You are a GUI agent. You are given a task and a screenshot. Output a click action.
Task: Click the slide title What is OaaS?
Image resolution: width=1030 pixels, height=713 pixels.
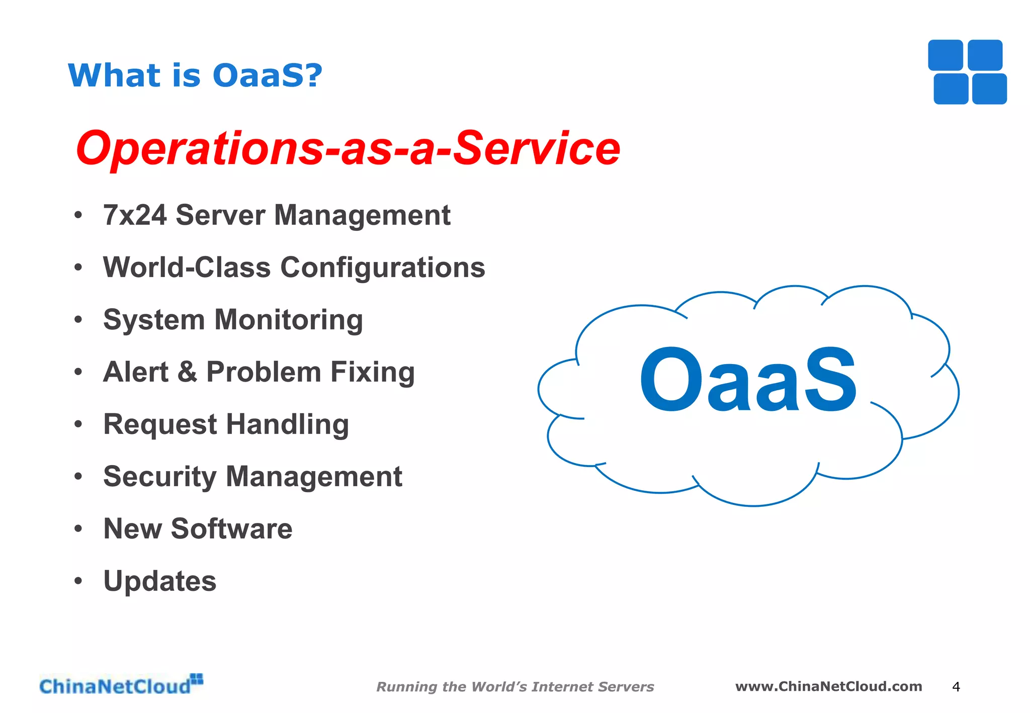tap(195, 75)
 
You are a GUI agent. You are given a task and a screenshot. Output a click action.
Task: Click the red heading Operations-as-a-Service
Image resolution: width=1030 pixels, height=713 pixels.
tap(348, 148)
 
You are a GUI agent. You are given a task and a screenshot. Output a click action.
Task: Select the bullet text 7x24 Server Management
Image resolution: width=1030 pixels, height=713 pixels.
tap(277, 215)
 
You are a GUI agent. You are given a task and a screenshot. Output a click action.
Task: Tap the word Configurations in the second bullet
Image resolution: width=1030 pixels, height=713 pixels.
tap(382, 268)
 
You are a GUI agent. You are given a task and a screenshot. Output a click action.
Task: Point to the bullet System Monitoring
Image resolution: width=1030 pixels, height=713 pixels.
tap(233, 320)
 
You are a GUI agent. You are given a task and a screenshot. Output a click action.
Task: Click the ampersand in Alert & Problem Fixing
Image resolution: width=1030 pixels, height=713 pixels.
tap(187, 372)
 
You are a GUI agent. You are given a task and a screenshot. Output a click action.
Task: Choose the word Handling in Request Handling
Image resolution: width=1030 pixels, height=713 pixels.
tap(287, 424)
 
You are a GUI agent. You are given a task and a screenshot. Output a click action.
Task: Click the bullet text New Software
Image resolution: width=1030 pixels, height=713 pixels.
tap(198, 529)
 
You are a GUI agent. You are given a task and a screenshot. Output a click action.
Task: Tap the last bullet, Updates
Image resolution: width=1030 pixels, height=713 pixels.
tap(159, 581)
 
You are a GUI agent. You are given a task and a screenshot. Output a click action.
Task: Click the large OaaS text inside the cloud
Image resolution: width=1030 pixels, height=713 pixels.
tap(748, 380)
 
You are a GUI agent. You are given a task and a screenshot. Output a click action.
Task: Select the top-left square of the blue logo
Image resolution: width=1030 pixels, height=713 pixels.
tap(945, 55)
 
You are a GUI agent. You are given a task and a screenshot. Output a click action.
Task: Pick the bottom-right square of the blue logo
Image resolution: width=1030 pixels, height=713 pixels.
tap(989, 89)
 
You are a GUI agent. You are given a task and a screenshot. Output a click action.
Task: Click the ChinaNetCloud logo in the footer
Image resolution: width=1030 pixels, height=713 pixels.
tap(121, 685)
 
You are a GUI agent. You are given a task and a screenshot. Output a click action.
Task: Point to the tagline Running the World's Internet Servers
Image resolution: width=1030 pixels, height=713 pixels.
tap(515, 687)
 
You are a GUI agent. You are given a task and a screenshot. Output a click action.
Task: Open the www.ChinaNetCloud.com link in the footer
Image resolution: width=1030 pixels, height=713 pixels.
tap(828, 686)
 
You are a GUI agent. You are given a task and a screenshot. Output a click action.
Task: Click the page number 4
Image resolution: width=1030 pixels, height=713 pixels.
tap(956, 687)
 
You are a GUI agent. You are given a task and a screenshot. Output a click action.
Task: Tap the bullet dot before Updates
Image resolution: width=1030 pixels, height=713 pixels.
tap(78, 581)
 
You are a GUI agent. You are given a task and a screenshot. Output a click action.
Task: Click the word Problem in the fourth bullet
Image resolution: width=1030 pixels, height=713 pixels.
tap(264, 372)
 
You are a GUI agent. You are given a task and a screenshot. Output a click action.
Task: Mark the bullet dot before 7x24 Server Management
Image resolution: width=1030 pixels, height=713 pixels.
tap(78, 215)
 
